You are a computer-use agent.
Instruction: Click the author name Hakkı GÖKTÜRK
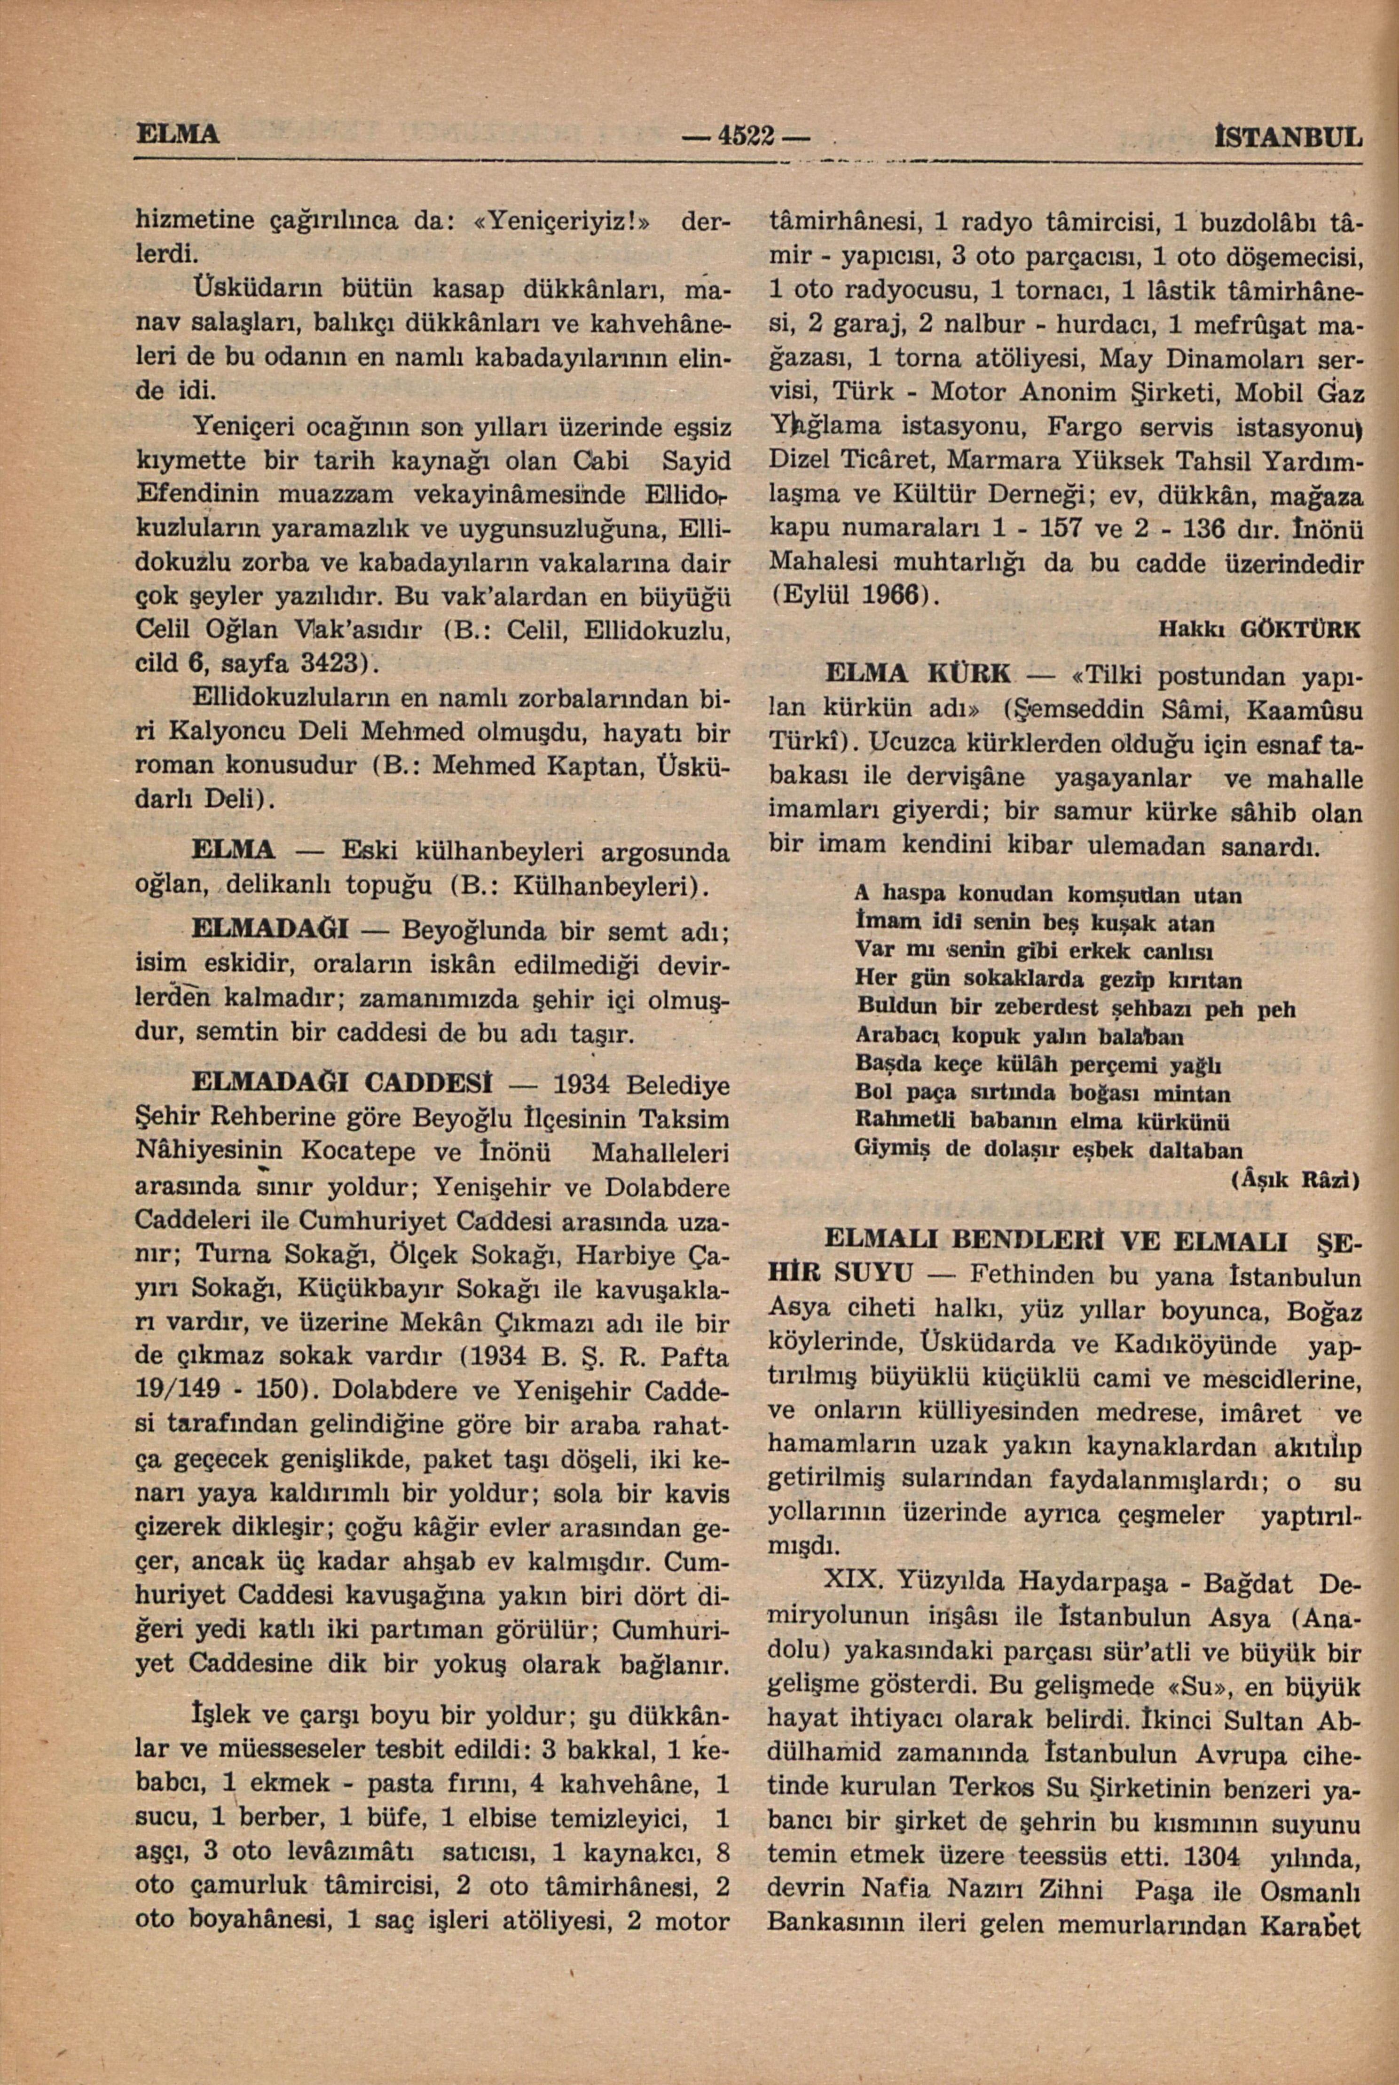(x=1260, y=630)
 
